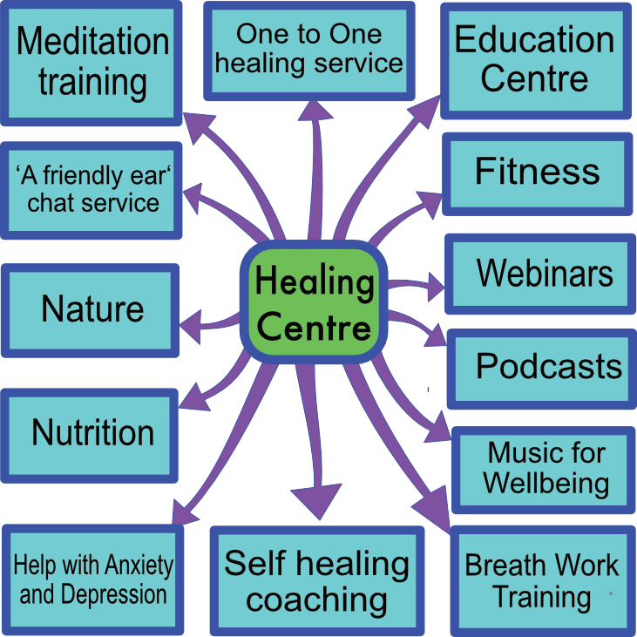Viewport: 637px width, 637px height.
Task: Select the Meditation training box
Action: coord(91,61)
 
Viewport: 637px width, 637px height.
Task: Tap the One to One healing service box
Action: coord(309,50)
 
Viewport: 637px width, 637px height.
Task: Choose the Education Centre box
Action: coord(534,59)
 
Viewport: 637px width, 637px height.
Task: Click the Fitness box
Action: coord(537,173)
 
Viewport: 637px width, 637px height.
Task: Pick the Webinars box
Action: coord(541,274)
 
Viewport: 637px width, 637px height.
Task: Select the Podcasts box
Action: coord(546,367)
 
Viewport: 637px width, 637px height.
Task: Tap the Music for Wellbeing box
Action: coord(546,468)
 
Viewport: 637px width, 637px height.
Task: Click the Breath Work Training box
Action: coord(541,580)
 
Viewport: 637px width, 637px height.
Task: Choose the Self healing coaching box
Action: coord(316,580)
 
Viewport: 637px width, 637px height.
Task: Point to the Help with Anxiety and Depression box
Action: coord(92,580)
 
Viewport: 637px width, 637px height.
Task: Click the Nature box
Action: coord(91,309)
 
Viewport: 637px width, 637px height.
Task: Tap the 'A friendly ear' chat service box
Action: coord(92,190)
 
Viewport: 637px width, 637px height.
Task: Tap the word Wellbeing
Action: coord(546,482)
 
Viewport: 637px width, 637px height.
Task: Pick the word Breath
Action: coord(499,566)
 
